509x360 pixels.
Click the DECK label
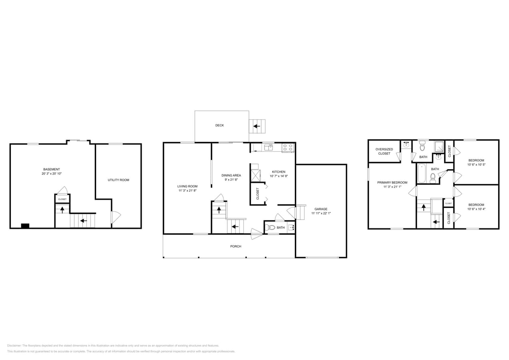(x=219, y=126)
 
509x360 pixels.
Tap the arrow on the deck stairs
(x=256, y=127)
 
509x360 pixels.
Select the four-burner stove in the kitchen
(x=288, y=148)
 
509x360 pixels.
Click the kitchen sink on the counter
(x=268, y=147)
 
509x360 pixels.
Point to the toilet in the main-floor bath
(x=271, y=228)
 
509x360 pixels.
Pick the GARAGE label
(x=321, y=209)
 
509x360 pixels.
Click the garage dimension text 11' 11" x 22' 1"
(x=321, y=214)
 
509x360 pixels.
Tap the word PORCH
(x=236, y=246)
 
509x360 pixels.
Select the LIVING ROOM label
(x=187, y=186)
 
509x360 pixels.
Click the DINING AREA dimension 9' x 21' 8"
(x=231, y=180)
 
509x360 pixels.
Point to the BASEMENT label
(x=52, y=169)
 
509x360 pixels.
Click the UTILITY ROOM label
(x=118, y=180)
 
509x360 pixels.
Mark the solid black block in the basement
(x=25, y=226)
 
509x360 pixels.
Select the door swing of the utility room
(x=115, y=217)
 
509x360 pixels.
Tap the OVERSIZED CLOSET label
(x=384, y=151)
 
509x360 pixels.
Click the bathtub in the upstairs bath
(x=422, y=173)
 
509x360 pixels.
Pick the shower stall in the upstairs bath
(x=439, y=146)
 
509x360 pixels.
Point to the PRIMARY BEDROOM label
(x=392, y=182)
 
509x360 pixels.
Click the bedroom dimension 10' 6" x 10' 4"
(x=476, y=209)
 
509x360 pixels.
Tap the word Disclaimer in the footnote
(x=14, y=346)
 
